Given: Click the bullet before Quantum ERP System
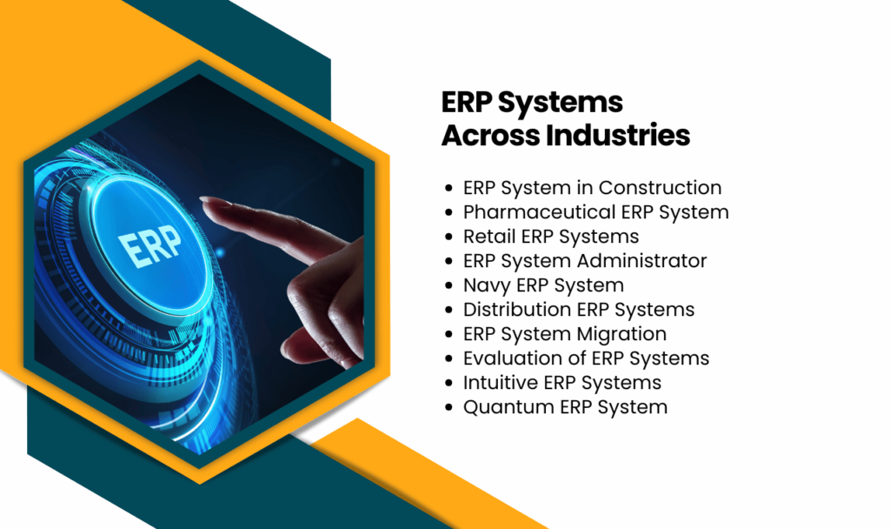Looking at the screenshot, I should pyautogui.click(x=448, y=407).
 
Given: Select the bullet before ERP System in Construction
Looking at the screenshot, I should pyautogui.click(x=448, y=188).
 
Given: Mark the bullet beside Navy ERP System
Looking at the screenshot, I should pyautogui.click(x=448, y=285).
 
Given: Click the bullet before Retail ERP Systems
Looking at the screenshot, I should pyautogui.click(x=448, y=237).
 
